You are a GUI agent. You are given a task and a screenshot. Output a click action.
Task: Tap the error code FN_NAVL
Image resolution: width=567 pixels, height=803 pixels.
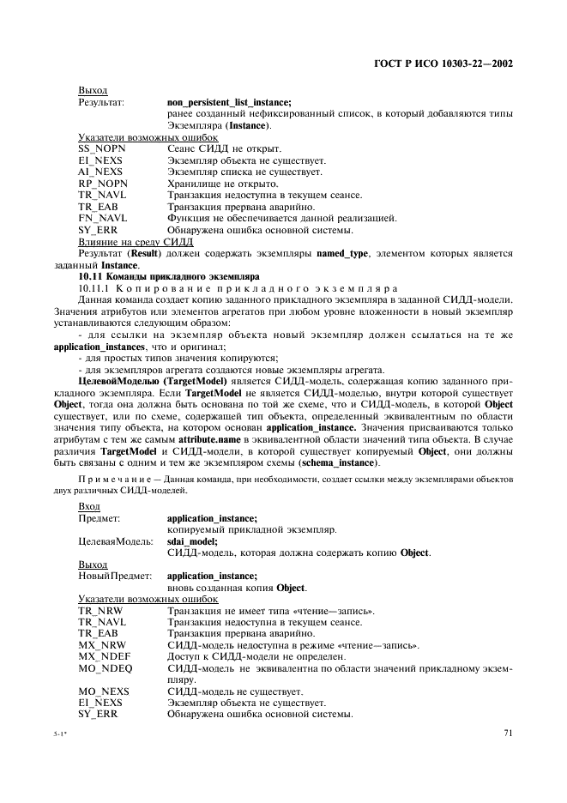point(102,218)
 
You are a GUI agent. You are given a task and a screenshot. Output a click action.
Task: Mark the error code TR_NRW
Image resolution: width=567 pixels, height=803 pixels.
point(101,610)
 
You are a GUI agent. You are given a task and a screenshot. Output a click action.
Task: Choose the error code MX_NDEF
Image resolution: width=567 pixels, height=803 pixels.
point(103,656)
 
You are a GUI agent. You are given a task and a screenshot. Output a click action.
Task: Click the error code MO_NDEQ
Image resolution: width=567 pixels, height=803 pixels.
point(103,667)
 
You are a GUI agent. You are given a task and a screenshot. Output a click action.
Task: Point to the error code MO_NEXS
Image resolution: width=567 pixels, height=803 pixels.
point(103,691)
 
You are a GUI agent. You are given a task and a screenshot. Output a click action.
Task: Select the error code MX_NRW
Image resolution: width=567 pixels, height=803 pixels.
point(102,644)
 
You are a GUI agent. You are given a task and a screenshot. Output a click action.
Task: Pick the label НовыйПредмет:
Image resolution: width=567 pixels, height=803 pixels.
point(115,576)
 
